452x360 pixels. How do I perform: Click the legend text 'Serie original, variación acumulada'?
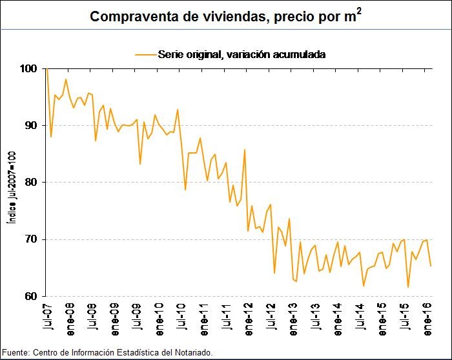pyautogui.click(x=241, y=55)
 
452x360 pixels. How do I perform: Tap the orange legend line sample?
pyautogui.click(x=145, y=55)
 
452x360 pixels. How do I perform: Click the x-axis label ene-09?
pyautogui.click(x=114, y=319)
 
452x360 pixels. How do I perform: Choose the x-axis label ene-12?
pyautogui.click(x=247, y=319)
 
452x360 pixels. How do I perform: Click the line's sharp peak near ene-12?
pyautogui.click(x=245, y=150)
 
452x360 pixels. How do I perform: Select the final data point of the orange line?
pyautogui.click(x=431, y=266)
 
